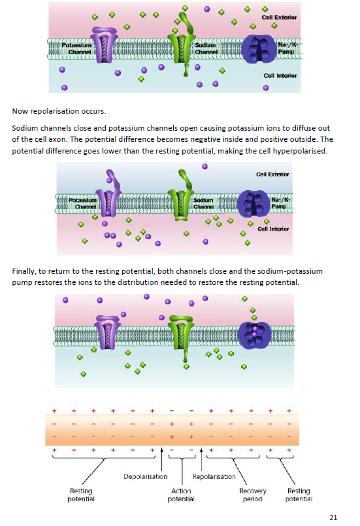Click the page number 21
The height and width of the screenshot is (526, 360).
333,518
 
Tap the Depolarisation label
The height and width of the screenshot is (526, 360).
145,476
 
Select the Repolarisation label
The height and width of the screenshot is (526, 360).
214,476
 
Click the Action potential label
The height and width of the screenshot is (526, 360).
181,495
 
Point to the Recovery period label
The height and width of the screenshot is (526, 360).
253,495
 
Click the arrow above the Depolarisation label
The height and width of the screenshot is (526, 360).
162,459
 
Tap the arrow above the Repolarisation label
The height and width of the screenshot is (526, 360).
201,459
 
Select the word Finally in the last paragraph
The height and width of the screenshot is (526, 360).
24,271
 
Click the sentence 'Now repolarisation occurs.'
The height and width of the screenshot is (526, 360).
59,111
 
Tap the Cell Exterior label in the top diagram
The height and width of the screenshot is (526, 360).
279,17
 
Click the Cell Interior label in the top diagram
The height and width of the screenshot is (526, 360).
280,76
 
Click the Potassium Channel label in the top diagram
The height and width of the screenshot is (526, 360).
77,48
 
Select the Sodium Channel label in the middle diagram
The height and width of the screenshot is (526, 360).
203,203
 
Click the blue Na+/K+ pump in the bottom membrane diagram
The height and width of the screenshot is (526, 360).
254,334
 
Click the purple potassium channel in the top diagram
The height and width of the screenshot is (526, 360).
105,44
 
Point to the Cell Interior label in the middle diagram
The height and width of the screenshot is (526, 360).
273,229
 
